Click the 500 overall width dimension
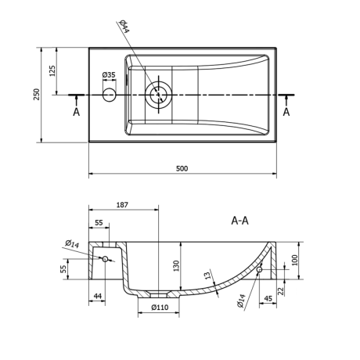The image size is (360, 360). click(x=182, y=168)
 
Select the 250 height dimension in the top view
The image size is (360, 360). click(x=36, y=94)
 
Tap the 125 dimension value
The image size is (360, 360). click(x=52, y=70)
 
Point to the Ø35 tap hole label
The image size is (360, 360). click(x=109, y=75)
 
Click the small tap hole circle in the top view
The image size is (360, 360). click(x=109, y=95)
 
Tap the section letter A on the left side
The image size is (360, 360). click(x=76, y=112)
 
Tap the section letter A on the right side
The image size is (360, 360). click(x=286, y=112)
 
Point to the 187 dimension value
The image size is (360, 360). click(x=122, y=205)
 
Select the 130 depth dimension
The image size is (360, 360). click(x=177, y=265)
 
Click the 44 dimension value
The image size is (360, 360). click(x=98, y=296)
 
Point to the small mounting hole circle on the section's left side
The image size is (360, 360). click(x=105, y=259)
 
